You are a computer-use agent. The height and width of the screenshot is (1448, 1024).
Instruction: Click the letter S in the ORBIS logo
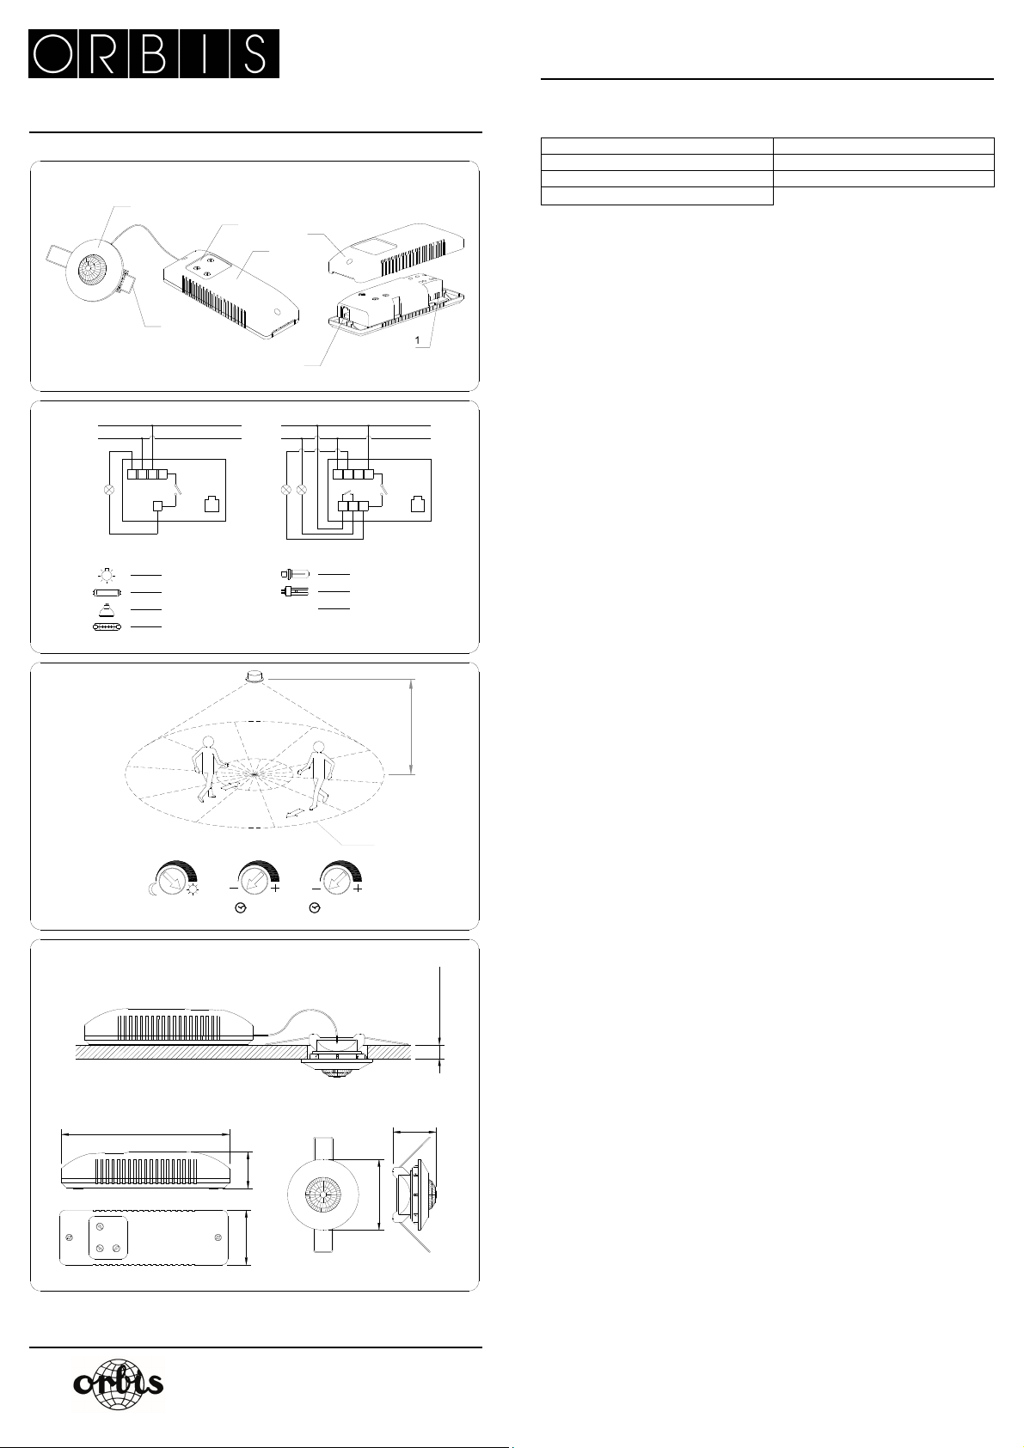pyautogui.click(x=255, y=53)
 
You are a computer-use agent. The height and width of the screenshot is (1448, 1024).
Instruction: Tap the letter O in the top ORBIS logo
pyautogui.click(x=54, y=53)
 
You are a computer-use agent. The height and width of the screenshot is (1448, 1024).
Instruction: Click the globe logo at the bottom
pyautogui.click(x=119, y=1384)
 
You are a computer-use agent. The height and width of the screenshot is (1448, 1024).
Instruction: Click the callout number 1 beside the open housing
pyautogui.click(x=418, y=340)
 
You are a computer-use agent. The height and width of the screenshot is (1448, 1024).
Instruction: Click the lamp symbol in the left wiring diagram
pyautogui.click(x=109, y=489)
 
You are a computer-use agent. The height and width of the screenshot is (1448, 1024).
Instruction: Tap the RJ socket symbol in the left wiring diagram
pyautogui.click(x=212, y=504)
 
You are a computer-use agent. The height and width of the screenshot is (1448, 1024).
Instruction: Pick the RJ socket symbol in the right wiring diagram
pyautogui.click(x=417, y=504)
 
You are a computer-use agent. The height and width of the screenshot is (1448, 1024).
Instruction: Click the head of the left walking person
pyautogui.click(x=208, y=742)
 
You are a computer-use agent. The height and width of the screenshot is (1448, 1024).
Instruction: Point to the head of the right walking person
pyautogui.click(x=317, y=747)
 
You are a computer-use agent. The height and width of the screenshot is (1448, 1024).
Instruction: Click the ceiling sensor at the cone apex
pyautogui.click(x=254, y=677)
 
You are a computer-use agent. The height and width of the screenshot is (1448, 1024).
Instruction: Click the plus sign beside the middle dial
pyautogui.click(x=276, y=889)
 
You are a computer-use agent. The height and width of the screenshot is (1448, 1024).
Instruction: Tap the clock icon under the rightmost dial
pyautogui.click(x=315, y=908)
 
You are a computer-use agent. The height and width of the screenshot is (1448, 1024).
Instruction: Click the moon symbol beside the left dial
pyautogui.click(x=153, y=890)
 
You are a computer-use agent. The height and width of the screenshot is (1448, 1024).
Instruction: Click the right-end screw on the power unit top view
pyautogui.click(x=218, y=1237)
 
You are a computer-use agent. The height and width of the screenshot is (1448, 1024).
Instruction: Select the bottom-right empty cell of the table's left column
pyautogui.click(x=657, y=196)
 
